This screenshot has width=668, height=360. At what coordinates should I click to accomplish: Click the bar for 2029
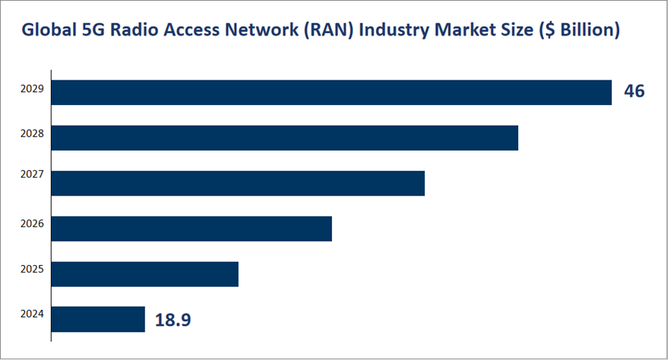tap(331, 92)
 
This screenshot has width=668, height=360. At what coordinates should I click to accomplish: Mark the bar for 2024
tap(98, 319)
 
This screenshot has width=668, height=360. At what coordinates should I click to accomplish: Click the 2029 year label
tap(32, 89)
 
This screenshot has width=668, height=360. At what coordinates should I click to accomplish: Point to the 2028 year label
tap(32, 133)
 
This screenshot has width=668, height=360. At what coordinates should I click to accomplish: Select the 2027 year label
tap(32, 175)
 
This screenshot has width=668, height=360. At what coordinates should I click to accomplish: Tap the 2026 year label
tap(32, 224)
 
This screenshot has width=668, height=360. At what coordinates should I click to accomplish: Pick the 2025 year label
tap(32, 270)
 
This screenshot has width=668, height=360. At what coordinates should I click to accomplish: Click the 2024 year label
tap(32, 314)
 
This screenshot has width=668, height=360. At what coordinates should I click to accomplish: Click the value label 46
tap(634, 91)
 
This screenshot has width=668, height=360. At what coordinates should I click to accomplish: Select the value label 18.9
tap(173, 320)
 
